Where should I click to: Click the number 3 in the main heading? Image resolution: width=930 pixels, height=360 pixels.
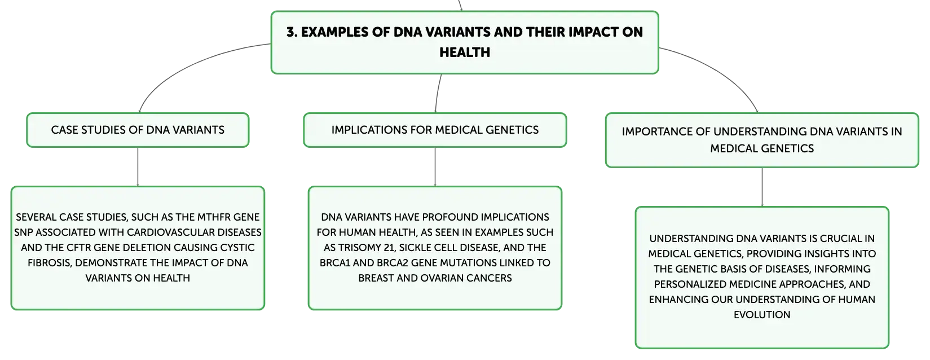pos(292,32)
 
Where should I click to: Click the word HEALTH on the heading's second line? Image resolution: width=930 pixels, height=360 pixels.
pos(465,52)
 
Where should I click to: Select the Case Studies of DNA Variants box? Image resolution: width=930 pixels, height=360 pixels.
pos(138,130)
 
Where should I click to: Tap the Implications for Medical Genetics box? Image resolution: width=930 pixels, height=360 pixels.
pos(435,130)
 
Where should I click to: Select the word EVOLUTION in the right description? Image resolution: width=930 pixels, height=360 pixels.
pos(762,315)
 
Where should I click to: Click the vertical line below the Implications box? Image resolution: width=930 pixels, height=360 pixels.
pos(435,166)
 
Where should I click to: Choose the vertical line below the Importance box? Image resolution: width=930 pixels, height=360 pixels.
pos(762,187)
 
